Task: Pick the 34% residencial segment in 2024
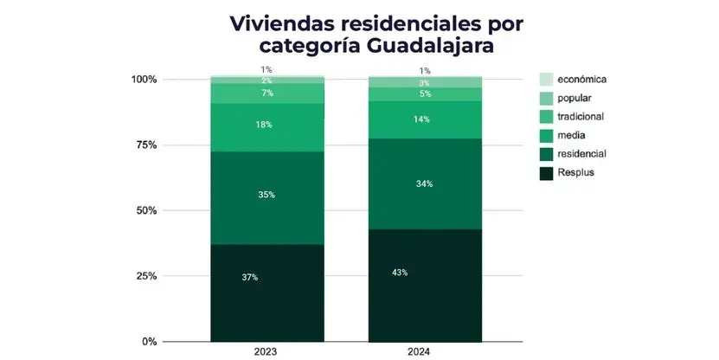(424, 183)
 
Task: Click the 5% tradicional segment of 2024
(424, 94)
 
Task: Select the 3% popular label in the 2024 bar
(424, 83)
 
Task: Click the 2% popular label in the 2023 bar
(266, 80)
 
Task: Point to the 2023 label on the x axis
(266, 352)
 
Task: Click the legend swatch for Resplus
(546, 173)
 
